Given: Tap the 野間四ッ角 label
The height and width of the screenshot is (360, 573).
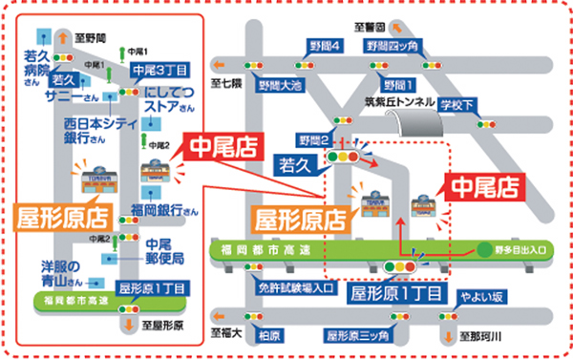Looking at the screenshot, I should [392, 46].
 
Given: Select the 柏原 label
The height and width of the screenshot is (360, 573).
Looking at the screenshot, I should [270, 335].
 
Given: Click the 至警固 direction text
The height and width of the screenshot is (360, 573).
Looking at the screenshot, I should [367, 27].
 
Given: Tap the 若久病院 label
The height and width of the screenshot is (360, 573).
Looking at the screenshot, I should [37, 63].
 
